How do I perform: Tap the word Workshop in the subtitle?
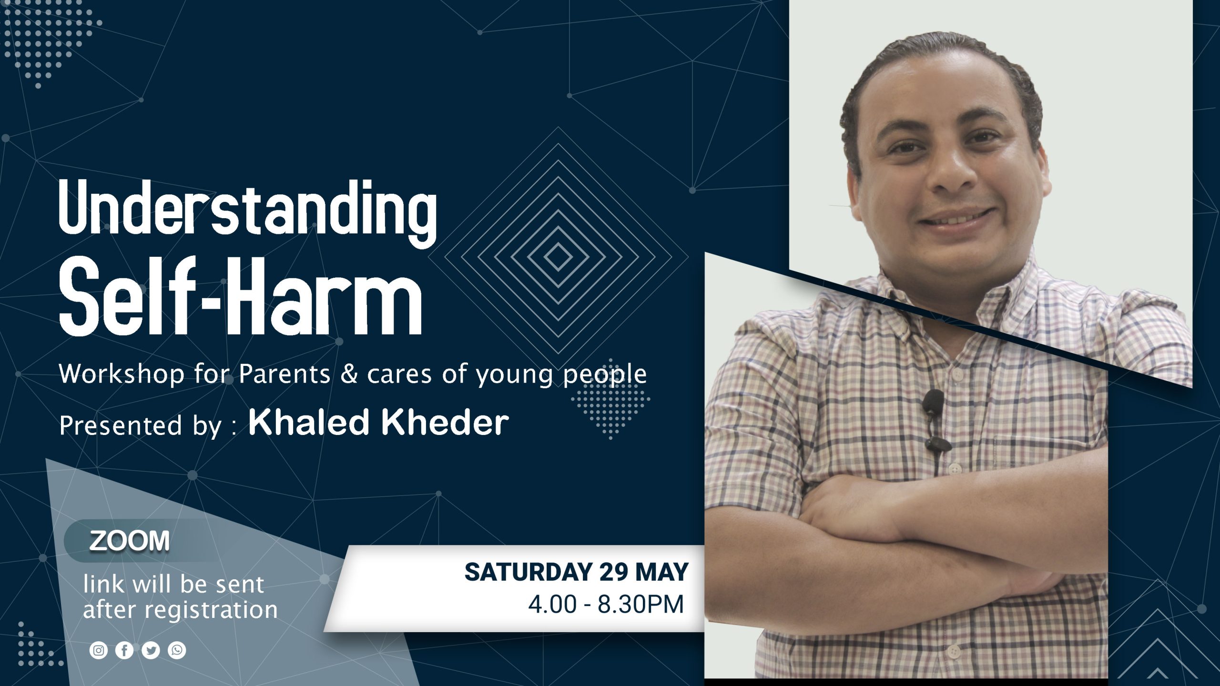coord(122,374)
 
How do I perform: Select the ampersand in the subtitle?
coord(349,373)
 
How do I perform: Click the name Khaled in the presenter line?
coord(310,422)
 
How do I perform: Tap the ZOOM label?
coord(129,541)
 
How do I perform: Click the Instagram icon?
coord(99,650)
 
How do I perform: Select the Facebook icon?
coord(124,650)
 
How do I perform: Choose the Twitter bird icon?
coord(151,650)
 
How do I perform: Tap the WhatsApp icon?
coord(177,650)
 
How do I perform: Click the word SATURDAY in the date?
coord(529,572)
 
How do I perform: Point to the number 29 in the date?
coord(614,572)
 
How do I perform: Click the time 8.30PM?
coord(641,605)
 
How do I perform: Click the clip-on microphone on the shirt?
coord(933,419)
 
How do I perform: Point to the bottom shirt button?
coord(953,650)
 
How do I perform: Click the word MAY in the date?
coord(662,572)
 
